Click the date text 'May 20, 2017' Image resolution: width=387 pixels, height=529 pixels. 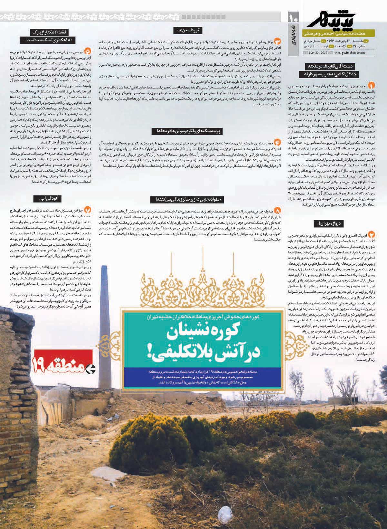coord(317,53)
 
